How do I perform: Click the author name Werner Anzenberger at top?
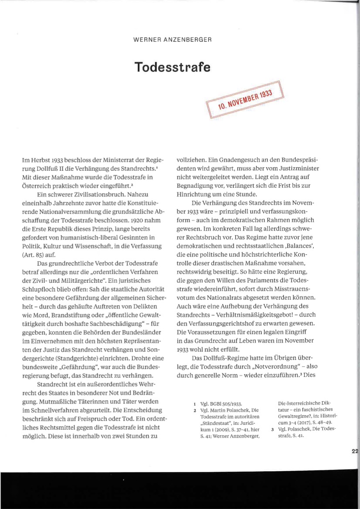pos(172,40)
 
